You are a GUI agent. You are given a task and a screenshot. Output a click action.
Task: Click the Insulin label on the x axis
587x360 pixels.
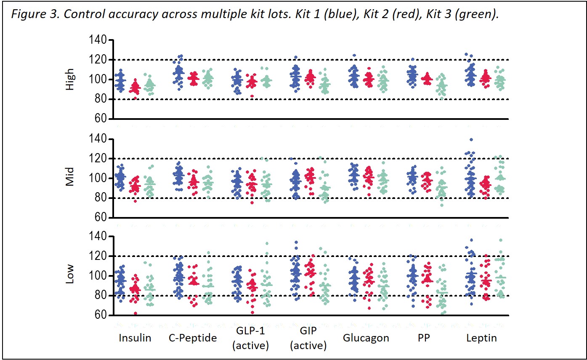point(135,338)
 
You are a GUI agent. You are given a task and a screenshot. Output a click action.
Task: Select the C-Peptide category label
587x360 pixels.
point(193,338)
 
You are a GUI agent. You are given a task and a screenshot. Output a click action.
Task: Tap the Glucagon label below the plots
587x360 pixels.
point(366,338)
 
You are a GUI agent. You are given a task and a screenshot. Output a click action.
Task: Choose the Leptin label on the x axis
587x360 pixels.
point(482,338)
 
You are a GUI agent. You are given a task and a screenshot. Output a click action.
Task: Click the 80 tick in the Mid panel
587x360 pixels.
point(105,198)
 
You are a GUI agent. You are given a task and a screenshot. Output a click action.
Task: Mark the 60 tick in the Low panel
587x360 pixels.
point(105,315)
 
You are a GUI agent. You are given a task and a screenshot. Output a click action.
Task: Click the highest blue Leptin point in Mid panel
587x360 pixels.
point(471,140)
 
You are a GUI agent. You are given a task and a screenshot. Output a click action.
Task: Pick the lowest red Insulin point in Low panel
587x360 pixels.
point(135,313)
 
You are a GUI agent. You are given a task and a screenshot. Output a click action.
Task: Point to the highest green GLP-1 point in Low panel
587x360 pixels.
point(266,244)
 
